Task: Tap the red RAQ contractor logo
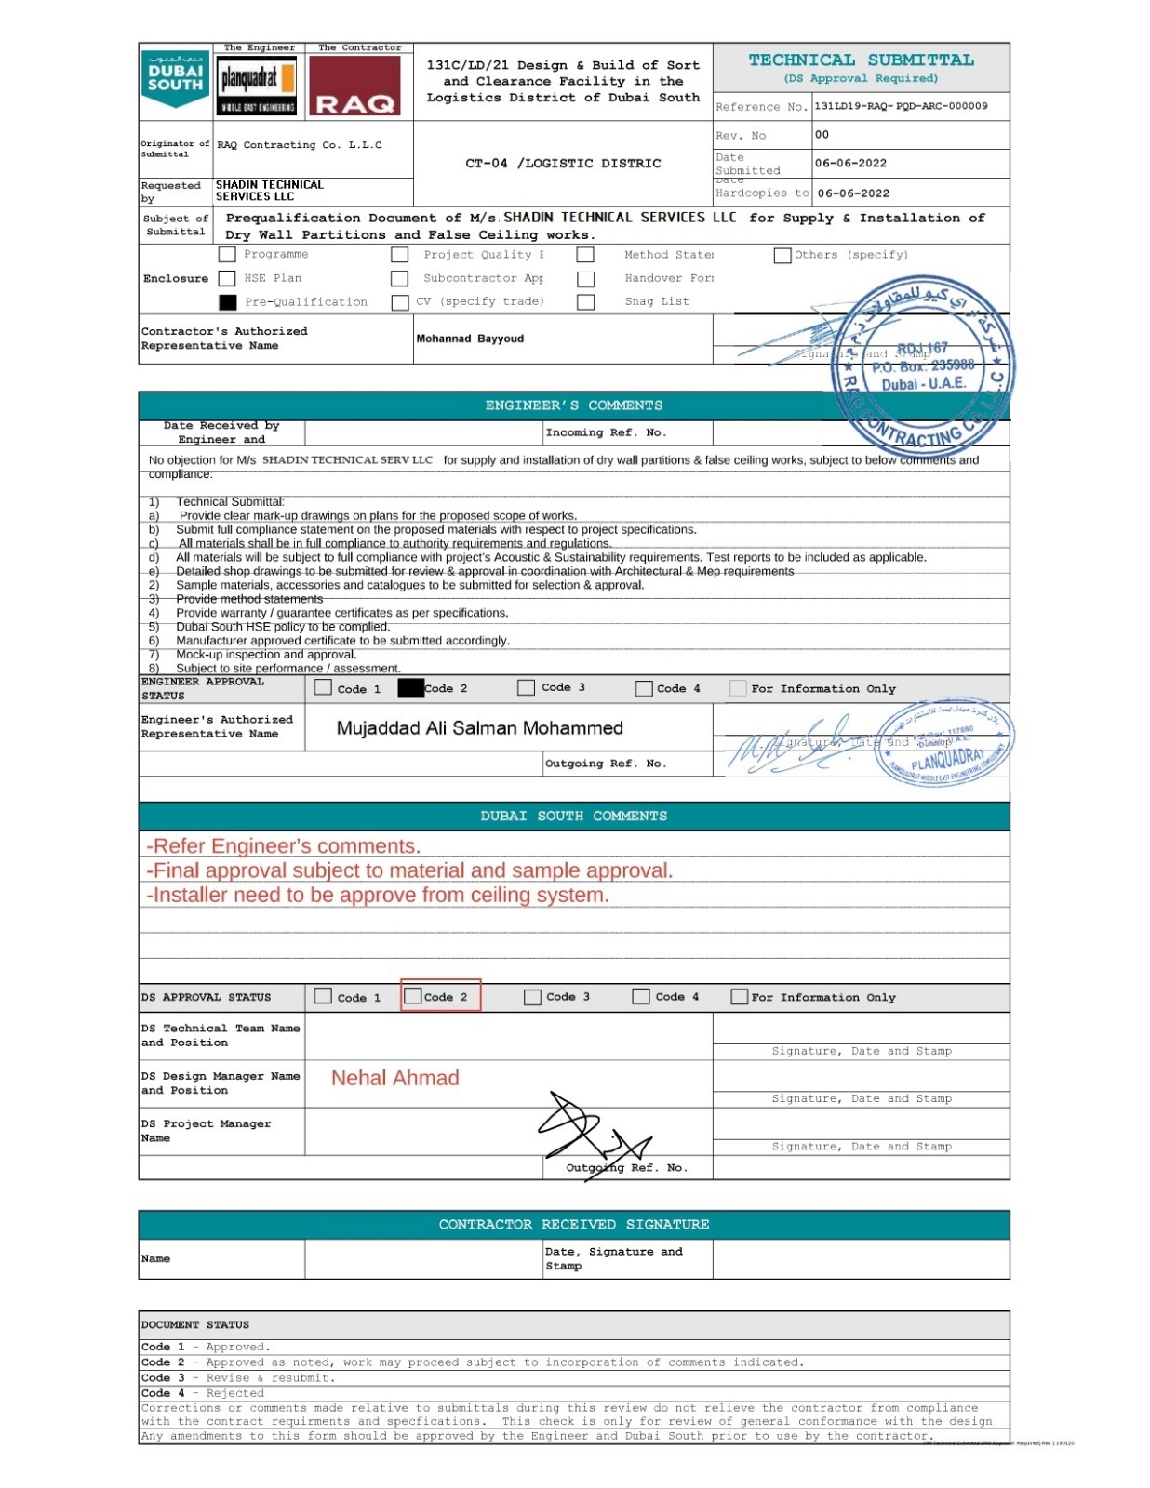[354, 86]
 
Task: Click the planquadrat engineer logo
[257, 86]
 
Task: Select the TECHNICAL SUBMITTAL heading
[861, 60]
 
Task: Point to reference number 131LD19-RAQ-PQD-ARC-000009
[901, 106]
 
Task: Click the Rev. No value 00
[822, 135]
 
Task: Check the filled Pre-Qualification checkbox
[227, 302]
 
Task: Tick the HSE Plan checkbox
[227, 278]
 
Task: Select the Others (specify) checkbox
[782, 255]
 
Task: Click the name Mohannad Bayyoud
[470, 339]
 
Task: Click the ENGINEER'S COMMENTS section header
[573, 405]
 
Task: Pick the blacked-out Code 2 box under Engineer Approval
[410, 688]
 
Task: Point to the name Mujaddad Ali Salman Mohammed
[479, 728]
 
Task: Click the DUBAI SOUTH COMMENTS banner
[573, 817]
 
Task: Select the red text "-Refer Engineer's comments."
[283, 846]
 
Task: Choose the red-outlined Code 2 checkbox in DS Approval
[414, 996]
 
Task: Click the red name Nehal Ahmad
[394, 1078]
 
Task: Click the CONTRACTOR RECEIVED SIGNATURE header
[573, 1225]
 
